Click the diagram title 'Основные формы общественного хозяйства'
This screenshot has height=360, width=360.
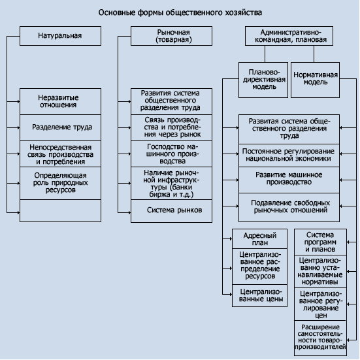click(x=180, y=12)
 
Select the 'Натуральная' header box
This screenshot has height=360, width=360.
click(x=60, y=36)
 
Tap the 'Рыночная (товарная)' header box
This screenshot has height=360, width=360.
click(x=171, y=36)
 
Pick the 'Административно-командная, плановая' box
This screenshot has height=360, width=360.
click(x=289, y=36)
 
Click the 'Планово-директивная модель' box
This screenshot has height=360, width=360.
click(x=263, y=80)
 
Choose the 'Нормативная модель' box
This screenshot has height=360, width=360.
click(x=315, y=80)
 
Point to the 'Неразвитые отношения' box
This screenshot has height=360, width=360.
click(x=60, y=101)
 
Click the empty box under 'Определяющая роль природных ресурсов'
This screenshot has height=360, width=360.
click(x=60, y=211)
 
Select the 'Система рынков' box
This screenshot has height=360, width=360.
click(x=171, y=211)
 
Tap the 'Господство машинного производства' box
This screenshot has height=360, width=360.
click(x=171, y=154)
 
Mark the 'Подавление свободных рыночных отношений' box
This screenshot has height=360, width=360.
click(x=289, y=207)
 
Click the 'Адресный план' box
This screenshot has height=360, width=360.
click(x=259, y=238)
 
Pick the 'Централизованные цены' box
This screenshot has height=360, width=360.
click(x=259, y=296)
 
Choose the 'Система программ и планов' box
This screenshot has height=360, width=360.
click(x=321, y=242)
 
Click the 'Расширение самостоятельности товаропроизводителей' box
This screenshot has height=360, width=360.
click(x=321, y=338)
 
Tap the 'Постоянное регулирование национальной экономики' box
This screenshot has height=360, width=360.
click(x=289, y=155)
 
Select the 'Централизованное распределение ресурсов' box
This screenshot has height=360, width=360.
click(x=259, y=267)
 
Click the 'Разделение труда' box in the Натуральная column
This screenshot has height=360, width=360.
click(x=60, y=127)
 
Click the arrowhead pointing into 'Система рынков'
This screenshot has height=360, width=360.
click(x=129, y=212)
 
